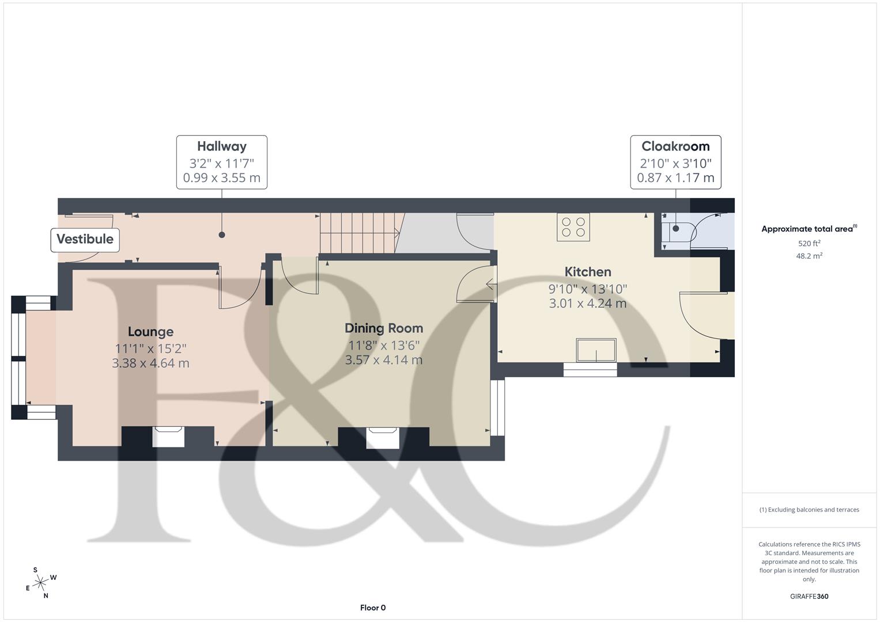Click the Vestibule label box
point(85,239)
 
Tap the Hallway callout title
point(221,146)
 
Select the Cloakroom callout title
point(675,146)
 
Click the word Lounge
point(150,332)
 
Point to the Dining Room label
point(384,328)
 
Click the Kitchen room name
point(587,272)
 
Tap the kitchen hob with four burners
point(573,227)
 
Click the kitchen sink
point(596,350)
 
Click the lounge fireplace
point(168,437)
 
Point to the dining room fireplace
point(383,437)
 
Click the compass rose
point(40,583)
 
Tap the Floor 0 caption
point(373,608)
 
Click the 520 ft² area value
point(809,244)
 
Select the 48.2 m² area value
point(809,256)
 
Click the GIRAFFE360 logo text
point(809,596)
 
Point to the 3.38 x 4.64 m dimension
point(150,363)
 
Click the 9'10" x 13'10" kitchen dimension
point(587,289)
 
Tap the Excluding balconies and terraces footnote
point(809,510)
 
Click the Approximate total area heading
point(808,229)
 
